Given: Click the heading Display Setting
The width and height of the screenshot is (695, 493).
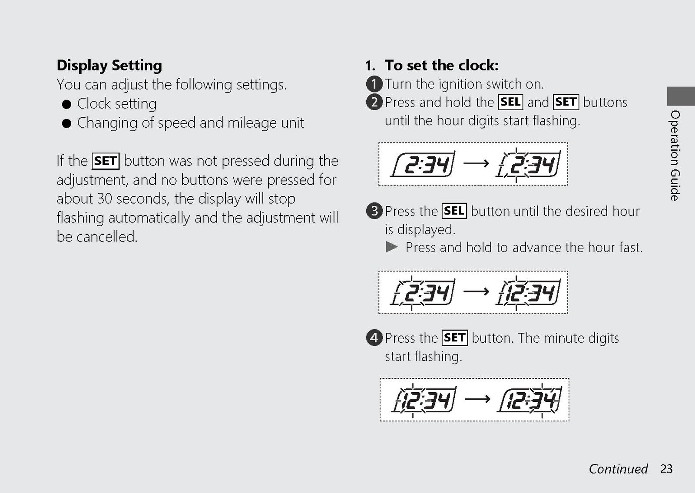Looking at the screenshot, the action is click(x=109, y=66).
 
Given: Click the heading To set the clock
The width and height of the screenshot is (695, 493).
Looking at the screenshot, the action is click(x=441, y=65).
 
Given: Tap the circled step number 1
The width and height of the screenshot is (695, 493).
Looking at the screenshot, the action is click(x=374, y=84).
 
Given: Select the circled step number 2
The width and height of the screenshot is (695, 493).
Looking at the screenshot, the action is click(x=374, y=102).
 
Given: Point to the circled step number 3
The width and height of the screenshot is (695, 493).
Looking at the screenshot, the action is click(x=374, y=211).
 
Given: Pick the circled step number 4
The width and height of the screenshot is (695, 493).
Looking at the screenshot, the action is click(x=374, y=337).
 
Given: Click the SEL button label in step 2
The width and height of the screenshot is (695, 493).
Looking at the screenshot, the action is click(x=510, y=102).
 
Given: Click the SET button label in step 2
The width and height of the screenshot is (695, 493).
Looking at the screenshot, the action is click(x=566, y=102).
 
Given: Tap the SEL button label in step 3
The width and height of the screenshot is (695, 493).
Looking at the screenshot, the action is click(x=454, y=211).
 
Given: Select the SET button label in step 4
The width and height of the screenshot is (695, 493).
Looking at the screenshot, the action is click(x=454, y=337).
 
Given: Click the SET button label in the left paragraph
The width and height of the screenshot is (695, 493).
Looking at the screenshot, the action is click(x=106, y=161).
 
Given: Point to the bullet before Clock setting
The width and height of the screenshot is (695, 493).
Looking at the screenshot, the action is click(x=66, y=104).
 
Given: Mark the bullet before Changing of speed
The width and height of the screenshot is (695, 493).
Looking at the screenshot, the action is click(x=66, y=123).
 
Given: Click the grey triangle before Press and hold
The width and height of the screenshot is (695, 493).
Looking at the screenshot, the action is click(x=391, y=247).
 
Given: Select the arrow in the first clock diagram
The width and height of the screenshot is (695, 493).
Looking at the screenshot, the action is click(x=476, y=163).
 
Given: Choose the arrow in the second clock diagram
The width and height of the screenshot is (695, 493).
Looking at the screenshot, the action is click(x=476, y=291).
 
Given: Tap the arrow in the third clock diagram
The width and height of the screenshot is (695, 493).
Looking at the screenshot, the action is click(x=477, y=399).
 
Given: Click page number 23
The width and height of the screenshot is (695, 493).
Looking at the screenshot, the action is click(x=666, y=469).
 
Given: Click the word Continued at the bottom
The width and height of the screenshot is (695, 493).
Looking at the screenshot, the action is click(x=619, y=469).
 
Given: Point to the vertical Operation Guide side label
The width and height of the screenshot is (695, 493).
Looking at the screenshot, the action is click(x=675, y=156).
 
